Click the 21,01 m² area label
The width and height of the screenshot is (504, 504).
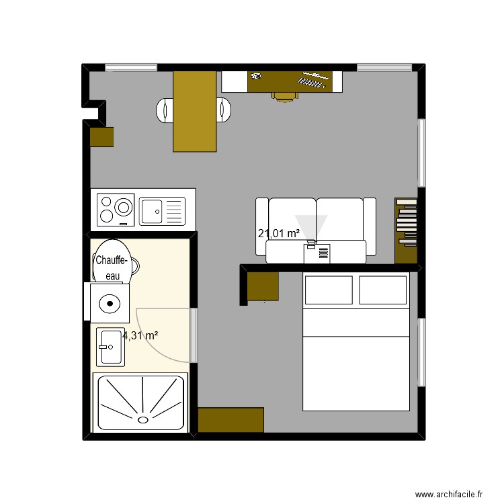279,234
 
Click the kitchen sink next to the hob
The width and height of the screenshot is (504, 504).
161,210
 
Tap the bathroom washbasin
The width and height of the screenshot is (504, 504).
111,347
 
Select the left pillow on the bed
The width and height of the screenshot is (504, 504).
329,290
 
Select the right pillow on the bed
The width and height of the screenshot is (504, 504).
383,290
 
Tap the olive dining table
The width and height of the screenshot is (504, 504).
196,111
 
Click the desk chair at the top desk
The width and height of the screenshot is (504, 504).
285,95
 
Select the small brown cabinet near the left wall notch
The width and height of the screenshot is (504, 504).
102,136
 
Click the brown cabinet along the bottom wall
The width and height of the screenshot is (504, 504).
230,420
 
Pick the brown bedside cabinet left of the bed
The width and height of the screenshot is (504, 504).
262,286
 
